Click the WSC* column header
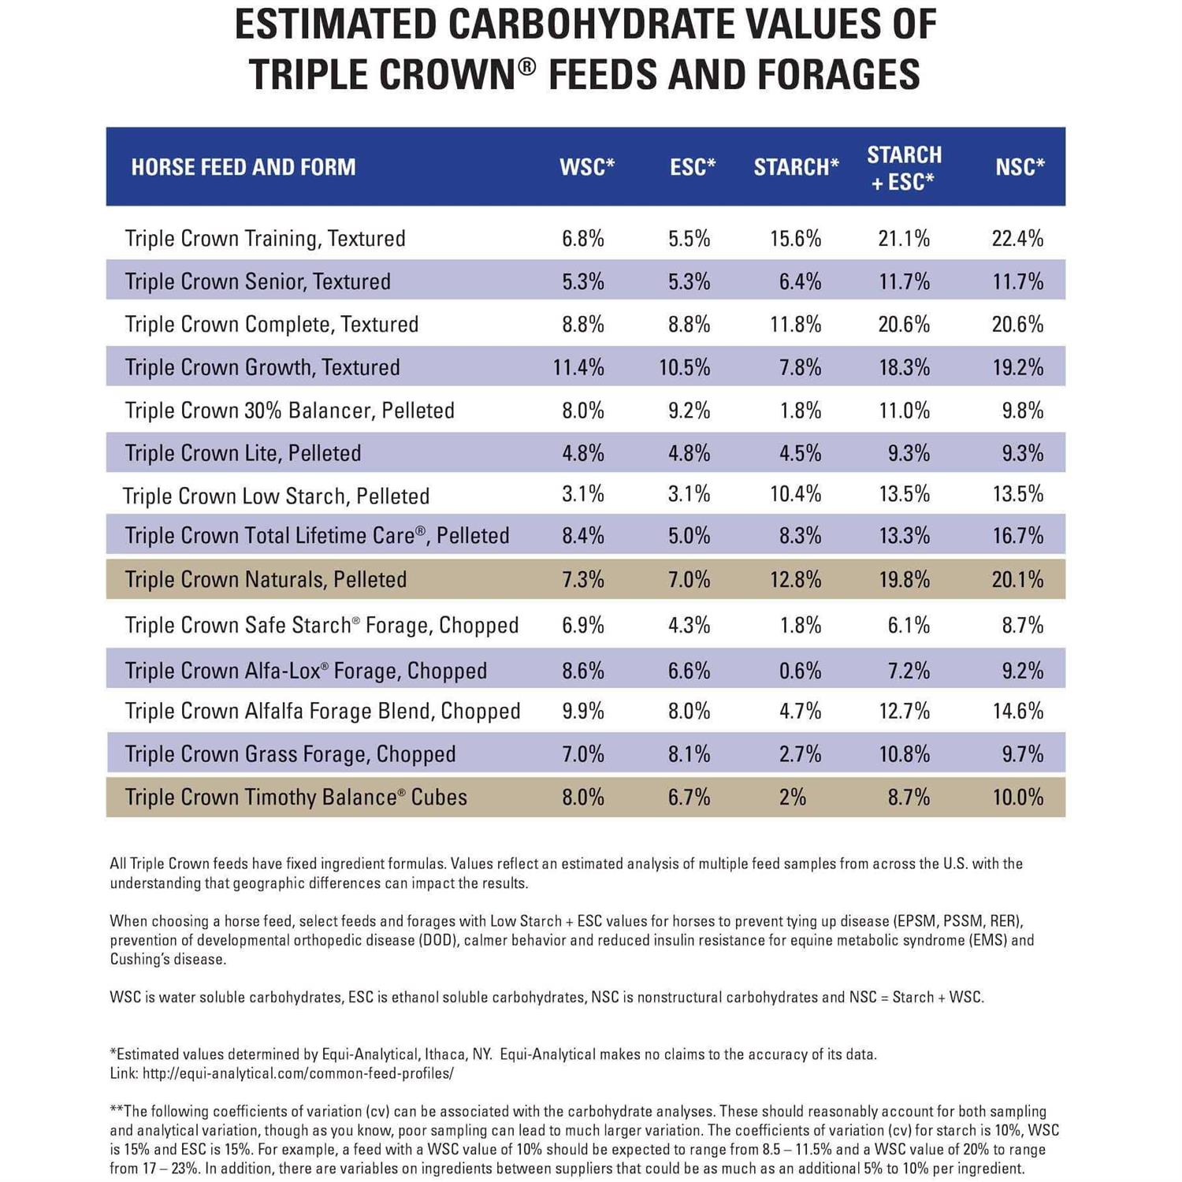pos(586,167)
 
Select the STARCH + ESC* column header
pos(904,168)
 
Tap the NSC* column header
pos(1020,167)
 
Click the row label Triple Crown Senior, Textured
pos(258,281)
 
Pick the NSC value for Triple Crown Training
pos(1017,239)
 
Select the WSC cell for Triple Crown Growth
pos(578,367)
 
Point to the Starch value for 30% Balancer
pos(800,411)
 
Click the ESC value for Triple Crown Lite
pos(689,453)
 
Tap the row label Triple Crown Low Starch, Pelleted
pos(276,496)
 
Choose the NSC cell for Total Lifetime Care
pos(1017,536)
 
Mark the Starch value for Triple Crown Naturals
pos(795,580)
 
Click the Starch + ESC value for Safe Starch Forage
pos(908,626)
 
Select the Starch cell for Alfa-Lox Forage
pos(800,671)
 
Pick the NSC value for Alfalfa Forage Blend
pos(1017,712)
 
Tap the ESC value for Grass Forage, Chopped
pos(689,754)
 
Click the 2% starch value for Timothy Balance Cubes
pos(792,797)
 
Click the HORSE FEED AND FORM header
pos(243,167)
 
